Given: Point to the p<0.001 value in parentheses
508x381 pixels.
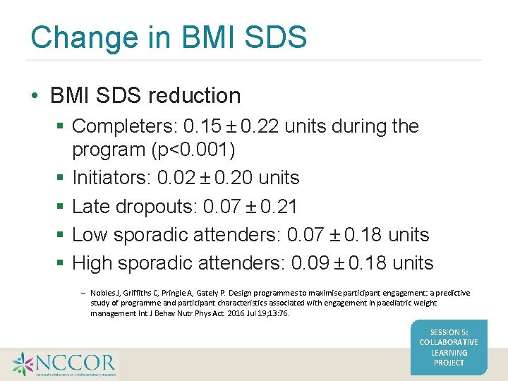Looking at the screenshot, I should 205,150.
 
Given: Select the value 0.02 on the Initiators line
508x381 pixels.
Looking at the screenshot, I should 174,178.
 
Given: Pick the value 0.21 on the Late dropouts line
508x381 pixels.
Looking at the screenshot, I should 278,207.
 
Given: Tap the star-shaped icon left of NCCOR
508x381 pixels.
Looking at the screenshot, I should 23,364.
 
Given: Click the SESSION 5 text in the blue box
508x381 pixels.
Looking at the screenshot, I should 449,332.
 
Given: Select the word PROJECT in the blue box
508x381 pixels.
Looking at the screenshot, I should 449,363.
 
